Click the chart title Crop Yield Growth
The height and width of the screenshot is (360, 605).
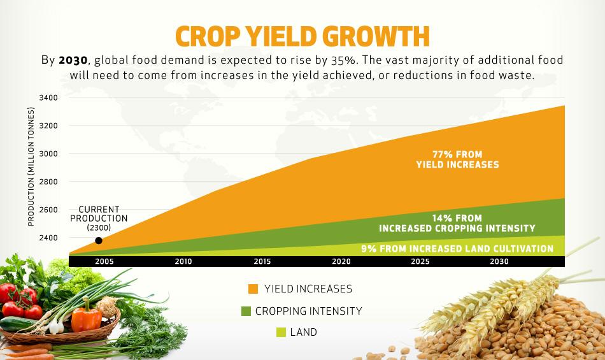(302, 36)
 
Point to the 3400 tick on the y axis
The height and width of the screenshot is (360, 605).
(48, 97)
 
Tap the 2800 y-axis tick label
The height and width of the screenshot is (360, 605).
(48, 182)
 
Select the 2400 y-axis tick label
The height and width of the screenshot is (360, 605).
(48, 238)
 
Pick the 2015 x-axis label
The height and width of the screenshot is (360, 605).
(262, 261)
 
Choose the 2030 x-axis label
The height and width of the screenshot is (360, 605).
(499, 261)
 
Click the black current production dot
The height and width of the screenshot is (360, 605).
(99, 240)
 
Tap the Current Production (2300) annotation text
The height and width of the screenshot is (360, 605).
(99, 218)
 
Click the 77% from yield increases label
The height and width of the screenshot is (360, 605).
(457, 159)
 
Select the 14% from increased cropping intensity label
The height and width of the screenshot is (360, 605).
(457, 223)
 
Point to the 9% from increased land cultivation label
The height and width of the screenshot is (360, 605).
(457, 248)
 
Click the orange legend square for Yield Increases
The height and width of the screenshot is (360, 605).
(253, 289)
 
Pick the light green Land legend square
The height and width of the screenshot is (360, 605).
(280, 332)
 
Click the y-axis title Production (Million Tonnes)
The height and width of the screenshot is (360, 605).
(31, 168)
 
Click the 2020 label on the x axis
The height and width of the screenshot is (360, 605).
(341, 261)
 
